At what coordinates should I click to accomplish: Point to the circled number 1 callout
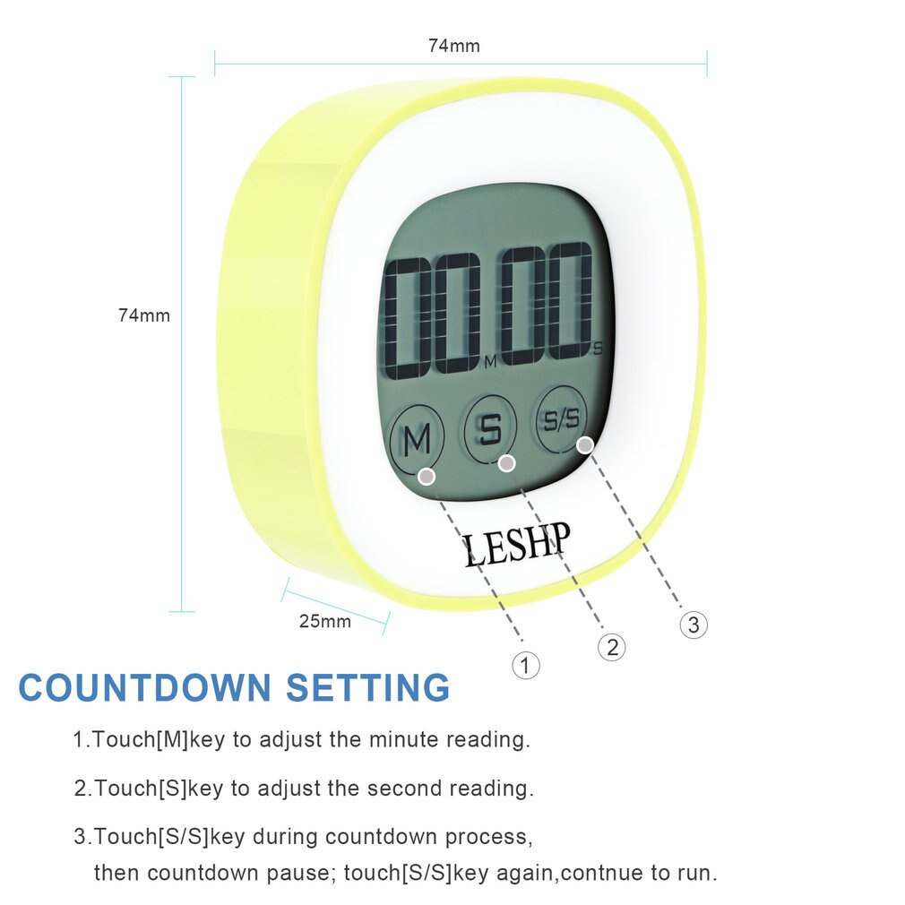point(526,665)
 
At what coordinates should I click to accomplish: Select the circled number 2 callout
point(612,647)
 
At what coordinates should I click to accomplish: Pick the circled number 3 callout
point(694,625)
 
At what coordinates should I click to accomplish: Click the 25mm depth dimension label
point(324,621)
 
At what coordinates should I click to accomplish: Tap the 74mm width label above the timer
point(453,46)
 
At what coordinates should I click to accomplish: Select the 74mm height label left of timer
point(143,315)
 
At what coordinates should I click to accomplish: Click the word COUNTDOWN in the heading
point(144,688)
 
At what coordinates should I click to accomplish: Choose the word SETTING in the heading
point(368,688)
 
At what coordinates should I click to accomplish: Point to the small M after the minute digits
point(489,363)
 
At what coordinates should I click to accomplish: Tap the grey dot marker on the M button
point(427,476)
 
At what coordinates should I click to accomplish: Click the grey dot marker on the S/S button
point(585,444)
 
